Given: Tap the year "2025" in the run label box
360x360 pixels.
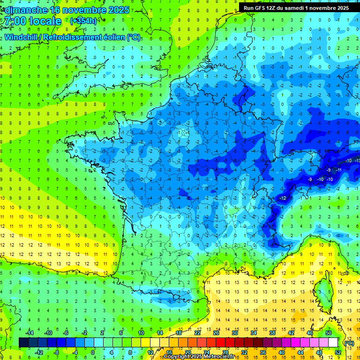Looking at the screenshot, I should click(x=339, y=7).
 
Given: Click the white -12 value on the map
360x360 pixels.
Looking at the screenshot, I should click(x=283, y=199).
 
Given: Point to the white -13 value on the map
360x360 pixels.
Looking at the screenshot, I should click(x=357, y=161).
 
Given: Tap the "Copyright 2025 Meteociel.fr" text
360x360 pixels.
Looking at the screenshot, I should click(x=199, y=357).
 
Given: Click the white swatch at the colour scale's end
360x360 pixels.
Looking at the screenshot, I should click(x=333, y=342).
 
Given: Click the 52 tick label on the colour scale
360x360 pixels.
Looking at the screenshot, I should click(x=337, y=352).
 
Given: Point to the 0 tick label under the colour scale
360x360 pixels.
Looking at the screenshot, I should click(x=93, y=352).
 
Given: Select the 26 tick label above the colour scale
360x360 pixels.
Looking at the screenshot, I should click(x=216, y=333).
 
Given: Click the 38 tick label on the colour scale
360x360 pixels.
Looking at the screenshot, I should click(x=272, y=333).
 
